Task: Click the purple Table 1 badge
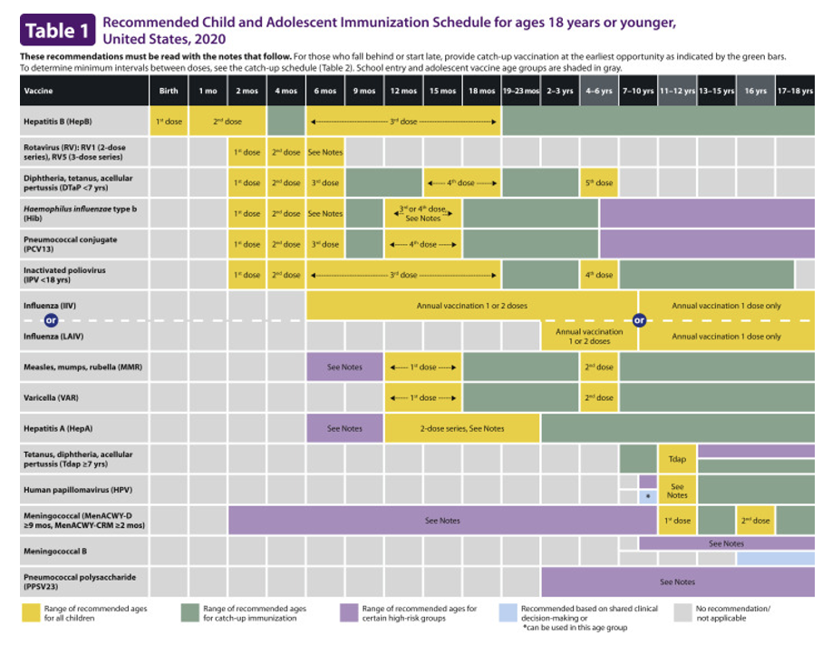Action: tap(57, 31)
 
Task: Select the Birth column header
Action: tap(169, 91)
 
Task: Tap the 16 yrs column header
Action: tap(755, 91)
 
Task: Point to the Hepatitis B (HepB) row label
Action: tap(58, 122)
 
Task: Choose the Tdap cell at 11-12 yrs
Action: tap(677, 459)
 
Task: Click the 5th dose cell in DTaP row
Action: tap(598, 182)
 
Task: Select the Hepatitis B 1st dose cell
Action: tap(169, 122)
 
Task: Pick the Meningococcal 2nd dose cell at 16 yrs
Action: tap(755, 521)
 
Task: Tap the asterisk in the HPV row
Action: tap(648, 497)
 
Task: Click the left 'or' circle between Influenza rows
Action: tap(51, 320)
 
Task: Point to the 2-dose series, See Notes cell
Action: tap(462, 428)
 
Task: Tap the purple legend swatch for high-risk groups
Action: tap(349, 613)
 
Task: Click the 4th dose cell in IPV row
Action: tap(598, 274)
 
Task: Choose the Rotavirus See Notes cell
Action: tap(326, 152)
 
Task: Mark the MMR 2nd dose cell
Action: tap(598, 367)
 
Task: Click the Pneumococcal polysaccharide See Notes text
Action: tap(677, 582)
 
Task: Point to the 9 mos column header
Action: tap(364, 91)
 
